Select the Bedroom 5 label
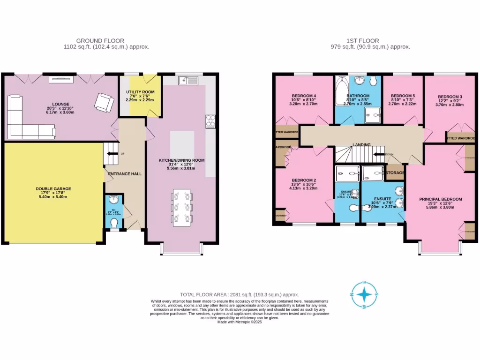(403, 96)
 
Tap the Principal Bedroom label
(440, 199)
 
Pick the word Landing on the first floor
(361, 145)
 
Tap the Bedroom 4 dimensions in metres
(304, 104)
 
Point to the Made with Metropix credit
(240, 322)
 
